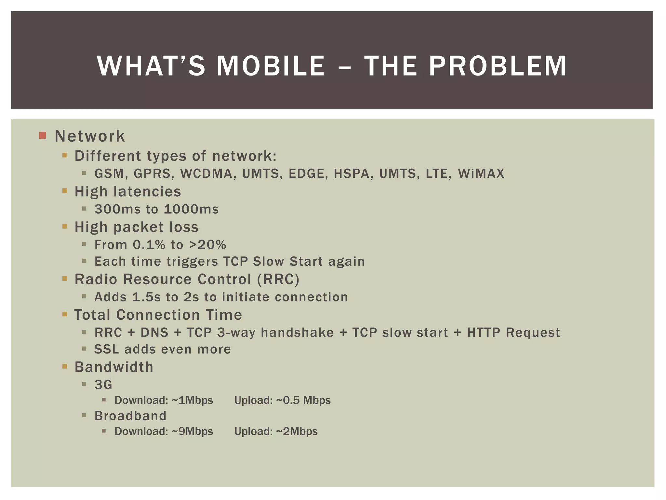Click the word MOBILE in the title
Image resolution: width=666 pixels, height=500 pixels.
[x=271, y=66]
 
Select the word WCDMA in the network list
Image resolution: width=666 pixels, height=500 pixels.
[x=206, y=174]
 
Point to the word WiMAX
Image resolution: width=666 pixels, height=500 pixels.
[x=481, y=174]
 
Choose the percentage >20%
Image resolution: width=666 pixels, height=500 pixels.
[x=207, y=245]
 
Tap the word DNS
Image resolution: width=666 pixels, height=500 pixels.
[x=154, y=333]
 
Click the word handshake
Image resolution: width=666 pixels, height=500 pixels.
[x=297, y=333]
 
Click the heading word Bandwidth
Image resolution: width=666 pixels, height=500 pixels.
[x=114, y=367]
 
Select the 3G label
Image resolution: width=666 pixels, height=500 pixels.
[x=103, y=385]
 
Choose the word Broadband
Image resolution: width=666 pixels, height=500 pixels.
[x=130, y=416]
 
